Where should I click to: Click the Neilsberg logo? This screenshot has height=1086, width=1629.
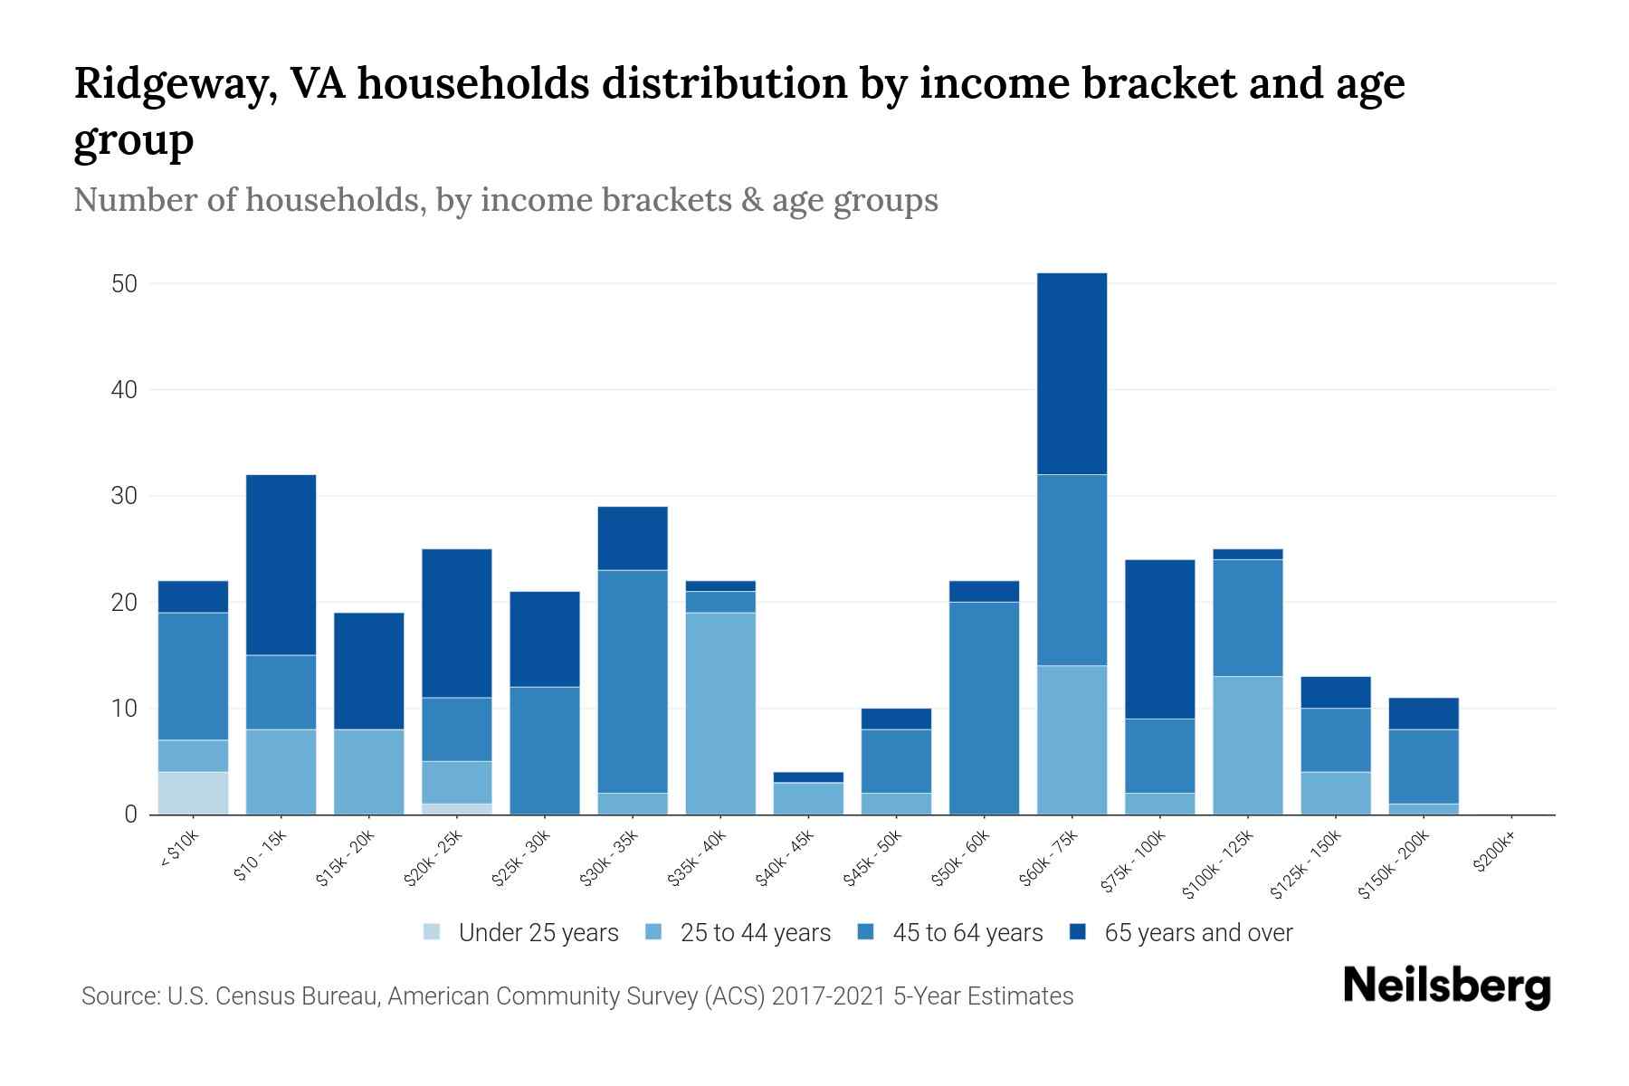(x=1446, y=986)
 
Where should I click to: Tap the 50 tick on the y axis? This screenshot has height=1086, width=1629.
(x=124, y=284)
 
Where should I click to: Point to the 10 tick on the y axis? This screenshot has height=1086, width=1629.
(x=124, y=709)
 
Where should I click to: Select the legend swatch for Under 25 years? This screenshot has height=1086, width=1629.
(x=433, y=932)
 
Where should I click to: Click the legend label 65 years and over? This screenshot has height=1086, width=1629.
(x=1198, y=933)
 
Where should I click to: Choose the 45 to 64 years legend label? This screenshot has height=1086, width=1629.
(x=967, y=933)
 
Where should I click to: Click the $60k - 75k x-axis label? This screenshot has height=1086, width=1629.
(x=1048, y=859)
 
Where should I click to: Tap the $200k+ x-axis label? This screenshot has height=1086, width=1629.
(x=1493, y=853)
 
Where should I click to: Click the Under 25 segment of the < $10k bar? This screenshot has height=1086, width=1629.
(x=193, y=793)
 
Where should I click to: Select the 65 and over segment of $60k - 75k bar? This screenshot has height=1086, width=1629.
(x=1072, y=374)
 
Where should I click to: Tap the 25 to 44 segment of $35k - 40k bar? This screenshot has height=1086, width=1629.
(x=720, y=713)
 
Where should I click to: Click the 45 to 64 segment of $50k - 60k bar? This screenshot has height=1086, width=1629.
(x=984, y=708)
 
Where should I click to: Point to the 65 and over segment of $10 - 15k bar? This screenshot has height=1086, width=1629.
(x=281, y=565)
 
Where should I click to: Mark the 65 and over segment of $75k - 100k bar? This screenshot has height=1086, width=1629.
(x=1159, y=639)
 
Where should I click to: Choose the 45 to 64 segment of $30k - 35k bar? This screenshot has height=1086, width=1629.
(x=633, y=681)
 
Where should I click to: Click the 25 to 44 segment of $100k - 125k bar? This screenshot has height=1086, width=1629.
(x=1247, y=745)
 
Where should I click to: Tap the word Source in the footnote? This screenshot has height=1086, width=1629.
(x=119, y=996)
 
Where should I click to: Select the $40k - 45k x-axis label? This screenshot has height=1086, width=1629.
(x=784, y=859)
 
